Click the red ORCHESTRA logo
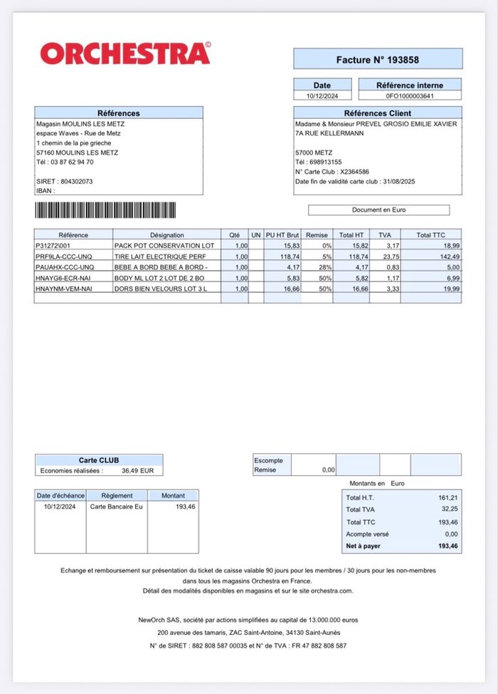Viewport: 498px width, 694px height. (x=125, y=53)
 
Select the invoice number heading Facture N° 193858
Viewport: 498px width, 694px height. (x=378, y=60)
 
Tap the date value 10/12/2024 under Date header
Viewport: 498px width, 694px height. (x=322, y=95)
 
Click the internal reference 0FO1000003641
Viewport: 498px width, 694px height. (x=410, y=95)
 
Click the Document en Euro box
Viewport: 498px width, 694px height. (x=378, y=210)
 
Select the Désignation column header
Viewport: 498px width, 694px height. (x=166, y=235)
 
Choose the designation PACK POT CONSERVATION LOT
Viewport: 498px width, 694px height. (x=164, y=246)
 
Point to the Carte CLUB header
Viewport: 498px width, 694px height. (x=99, y=460)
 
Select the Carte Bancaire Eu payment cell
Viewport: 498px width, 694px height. (x=116, y=507)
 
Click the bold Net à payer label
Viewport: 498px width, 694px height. (x=363, y=547)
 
